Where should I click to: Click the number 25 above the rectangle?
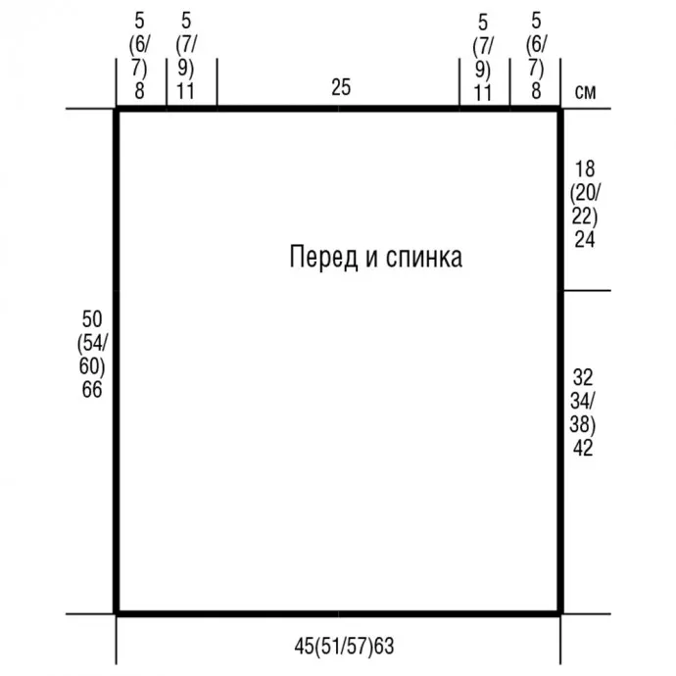tap(341, 87)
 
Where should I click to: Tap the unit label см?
tap(585, 92)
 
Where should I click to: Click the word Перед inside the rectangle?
tap(323, 258)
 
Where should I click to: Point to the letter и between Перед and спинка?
tap(371, 259)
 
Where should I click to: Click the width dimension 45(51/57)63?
tap(344, 647)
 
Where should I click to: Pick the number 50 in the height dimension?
tap(92, 319)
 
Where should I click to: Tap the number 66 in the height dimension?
tap(92, 389)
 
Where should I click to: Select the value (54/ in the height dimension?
tap(92, 343)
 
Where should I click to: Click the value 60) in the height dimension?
tap(92, 366)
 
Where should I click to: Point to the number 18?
tap(585, 169)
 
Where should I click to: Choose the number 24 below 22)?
tap(585, 239)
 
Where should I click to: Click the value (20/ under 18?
tap(585, 193)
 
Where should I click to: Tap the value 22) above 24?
tap(585, 216)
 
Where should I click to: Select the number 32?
tap(583, 377)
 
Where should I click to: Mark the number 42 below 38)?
tap(583, 448)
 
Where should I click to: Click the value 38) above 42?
tap(583, 424)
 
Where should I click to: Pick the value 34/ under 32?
tap(583, 401)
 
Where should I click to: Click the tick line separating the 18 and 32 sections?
tap(587, 291)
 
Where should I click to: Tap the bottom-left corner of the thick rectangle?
tap(116, 613)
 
